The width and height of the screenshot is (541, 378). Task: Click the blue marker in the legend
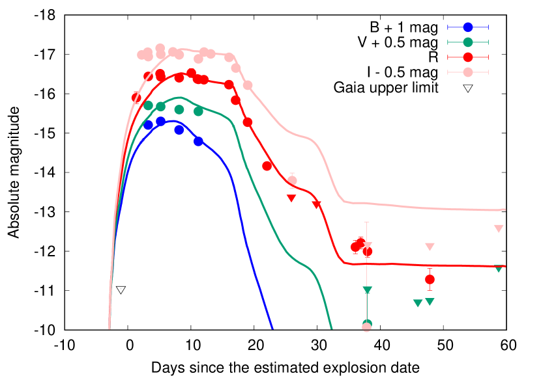point(468,27)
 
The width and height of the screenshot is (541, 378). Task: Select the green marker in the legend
point(468,42)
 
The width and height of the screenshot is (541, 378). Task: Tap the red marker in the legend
point(468,57)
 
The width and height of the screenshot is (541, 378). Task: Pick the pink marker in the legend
point(468,72)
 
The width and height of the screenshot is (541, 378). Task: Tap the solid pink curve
point(424,208)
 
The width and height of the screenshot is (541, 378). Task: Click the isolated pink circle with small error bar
point(292,180)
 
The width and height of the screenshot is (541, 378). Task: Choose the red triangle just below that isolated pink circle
point(291,198)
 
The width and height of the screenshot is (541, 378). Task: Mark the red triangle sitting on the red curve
point(317,204)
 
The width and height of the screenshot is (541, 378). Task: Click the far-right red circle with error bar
point(430,279)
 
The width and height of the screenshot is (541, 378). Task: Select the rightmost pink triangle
point(499,228)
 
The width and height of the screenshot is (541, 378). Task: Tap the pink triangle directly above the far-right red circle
point(430,247)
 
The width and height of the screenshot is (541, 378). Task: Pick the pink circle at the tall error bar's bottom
point(366,327)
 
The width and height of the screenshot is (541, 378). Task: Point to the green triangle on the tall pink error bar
point(368,290)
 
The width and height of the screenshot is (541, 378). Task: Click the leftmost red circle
point(136,98)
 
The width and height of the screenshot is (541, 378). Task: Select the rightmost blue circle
point(198,141)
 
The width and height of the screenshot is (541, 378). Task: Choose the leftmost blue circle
point(149,125)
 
